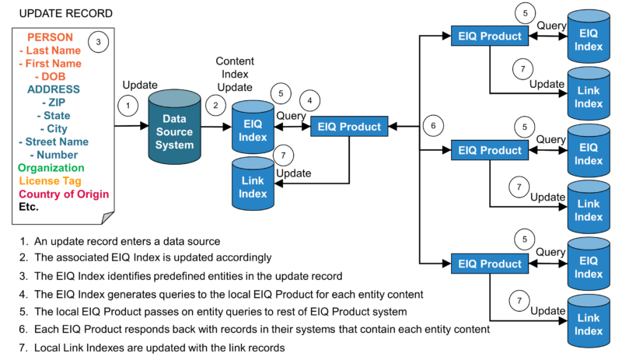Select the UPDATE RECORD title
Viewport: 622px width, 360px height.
[x=54, y=13]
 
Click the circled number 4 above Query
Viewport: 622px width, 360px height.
[x=312, y=100]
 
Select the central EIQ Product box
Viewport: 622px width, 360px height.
[x=349, y=127]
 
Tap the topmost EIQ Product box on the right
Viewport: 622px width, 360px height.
[x=489, y=35]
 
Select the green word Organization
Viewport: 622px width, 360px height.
[x=51, y=167]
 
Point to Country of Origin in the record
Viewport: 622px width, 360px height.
[x=64, y=194]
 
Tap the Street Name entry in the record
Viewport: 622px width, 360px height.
[x=53, y=141]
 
